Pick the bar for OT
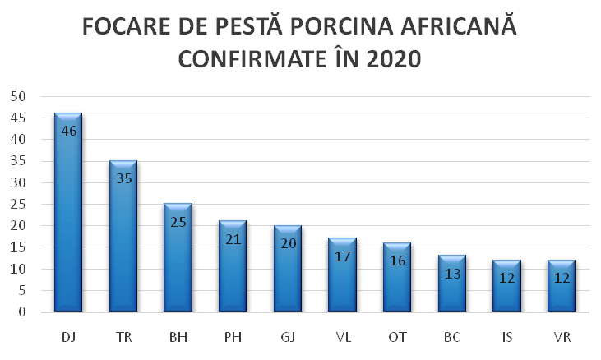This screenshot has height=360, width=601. [397, 279]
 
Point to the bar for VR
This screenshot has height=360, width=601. [562, 288]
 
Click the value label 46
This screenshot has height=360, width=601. [69, 131]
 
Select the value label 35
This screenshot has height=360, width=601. [123, 178]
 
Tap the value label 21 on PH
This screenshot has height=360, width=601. [233, 238]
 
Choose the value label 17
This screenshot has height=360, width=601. [343, 256]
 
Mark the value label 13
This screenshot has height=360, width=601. [452, 273]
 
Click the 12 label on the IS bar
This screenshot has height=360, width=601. [507, 277]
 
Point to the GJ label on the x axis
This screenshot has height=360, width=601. [288, 337]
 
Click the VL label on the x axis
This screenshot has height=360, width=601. [343, 337]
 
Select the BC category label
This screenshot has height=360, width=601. [452, 337]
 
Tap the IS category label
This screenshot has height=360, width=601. [507, 337]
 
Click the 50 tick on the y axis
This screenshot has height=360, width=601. [18, 96]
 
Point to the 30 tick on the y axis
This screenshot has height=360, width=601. [18, 182]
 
